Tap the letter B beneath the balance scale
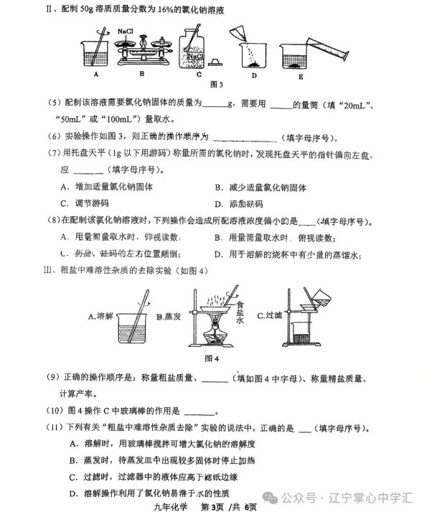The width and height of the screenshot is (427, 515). point(142,73)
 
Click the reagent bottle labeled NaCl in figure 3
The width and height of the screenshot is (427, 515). point(191,45)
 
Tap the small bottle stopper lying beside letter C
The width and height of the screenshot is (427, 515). point(217,63)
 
